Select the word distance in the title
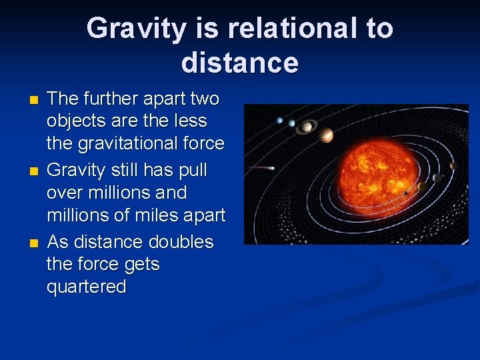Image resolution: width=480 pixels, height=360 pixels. tap(239, 63)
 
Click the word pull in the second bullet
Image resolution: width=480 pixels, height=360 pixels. tap(193, 170)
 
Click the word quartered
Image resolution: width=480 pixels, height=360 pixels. tap(87, 287)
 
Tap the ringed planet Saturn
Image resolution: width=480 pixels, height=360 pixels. tap(307, 127)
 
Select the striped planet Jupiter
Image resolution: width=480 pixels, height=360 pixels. tap(326, 135)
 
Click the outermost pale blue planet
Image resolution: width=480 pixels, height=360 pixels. tap(279, 121)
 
